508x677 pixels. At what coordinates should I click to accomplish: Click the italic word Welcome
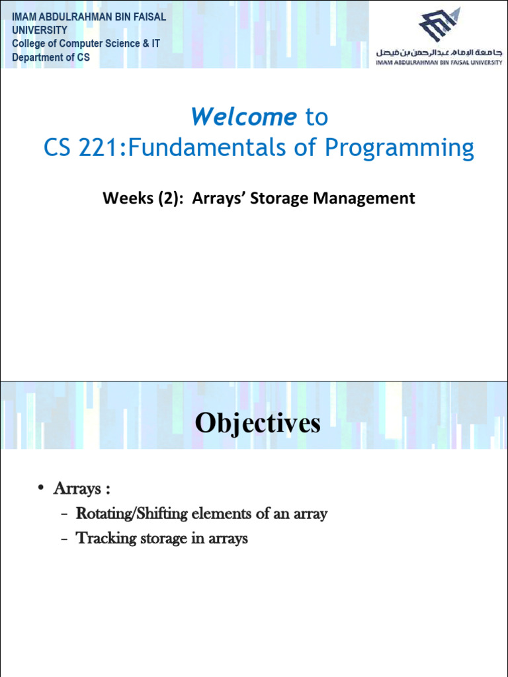pyautogui.click(x=243, y=117)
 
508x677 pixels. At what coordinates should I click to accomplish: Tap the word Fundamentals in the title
pyautogui.click(x=208, y=148)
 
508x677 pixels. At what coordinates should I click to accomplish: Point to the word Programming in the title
pyautogui.click(x=398, y=148)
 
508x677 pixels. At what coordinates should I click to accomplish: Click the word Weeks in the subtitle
pyautogui.click(x=125, y=198)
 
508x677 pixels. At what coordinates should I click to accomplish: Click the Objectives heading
pyautogui.click(x=257, y=424)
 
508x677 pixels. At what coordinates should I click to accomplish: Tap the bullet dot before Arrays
pyautogui.click(x=41, y=489)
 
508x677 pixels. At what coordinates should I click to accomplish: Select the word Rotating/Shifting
pyautogui.click(x=130, y=514)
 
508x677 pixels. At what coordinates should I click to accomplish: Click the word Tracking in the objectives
pyautogui.click(x=103, y=538)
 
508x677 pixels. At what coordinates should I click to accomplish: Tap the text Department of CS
pyautogui.click(x=51, y=58)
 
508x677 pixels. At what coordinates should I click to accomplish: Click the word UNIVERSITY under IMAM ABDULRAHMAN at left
pyautogui.click(x=40, y=30)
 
